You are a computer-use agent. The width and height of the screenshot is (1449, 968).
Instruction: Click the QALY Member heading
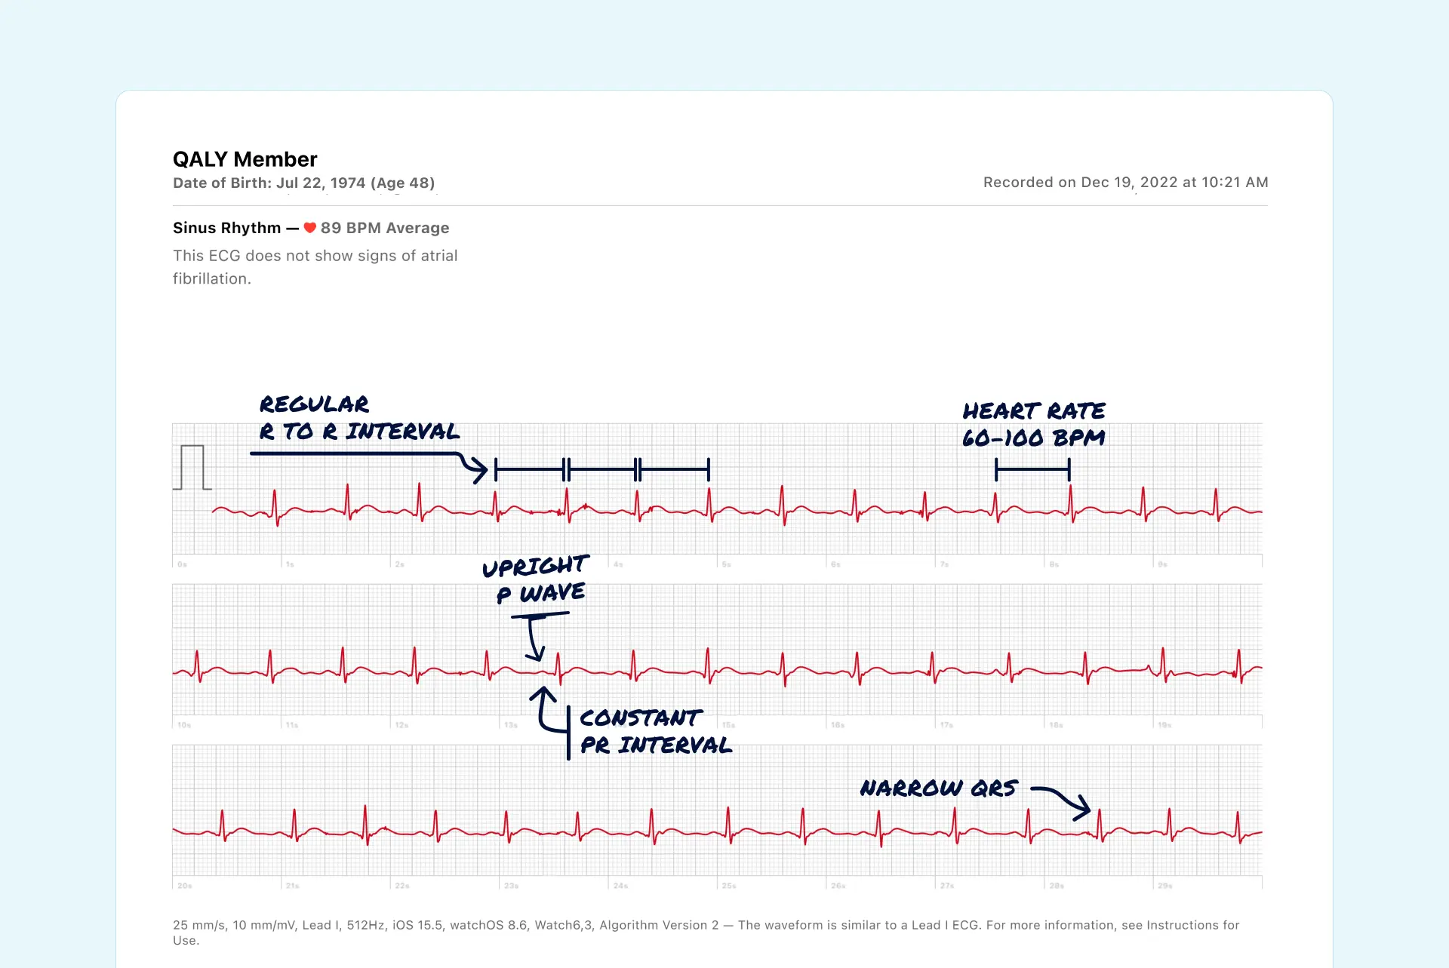(245, 159)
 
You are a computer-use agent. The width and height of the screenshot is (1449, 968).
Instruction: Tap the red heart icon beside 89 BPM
(310, 228)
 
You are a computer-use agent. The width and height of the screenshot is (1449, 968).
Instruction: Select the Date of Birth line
(303, 183)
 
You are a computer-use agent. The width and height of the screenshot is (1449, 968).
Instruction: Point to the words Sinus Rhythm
(226, 228)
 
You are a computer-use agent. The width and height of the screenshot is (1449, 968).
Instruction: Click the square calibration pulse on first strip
(192, 467)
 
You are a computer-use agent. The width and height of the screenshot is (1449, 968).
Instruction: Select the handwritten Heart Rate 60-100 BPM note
(1033, 424)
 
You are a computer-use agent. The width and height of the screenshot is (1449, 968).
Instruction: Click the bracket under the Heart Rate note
(1032, 470)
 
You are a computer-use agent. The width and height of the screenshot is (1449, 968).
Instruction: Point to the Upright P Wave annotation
(535, 579)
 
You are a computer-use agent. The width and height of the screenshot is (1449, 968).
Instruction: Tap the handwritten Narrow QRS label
(939, 788)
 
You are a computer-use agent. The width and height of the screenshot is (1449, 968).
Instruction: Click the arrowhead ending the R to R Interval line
(480, 469)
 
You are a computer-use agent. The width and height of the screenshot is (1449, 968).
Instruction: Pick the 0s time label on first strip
(183, 564)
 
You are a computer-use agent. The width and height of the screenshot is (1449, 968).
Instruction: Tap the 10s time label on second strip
(184, 725)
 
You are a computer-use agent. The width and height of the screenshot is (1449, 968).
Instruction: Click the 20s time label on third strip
(185, 886)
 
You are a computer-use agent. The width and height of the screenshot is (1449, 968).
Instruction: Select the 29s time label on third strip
(1165, 886)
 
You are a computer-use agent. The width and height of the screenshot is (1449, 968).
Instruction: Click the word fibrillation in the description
(211, 279)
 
